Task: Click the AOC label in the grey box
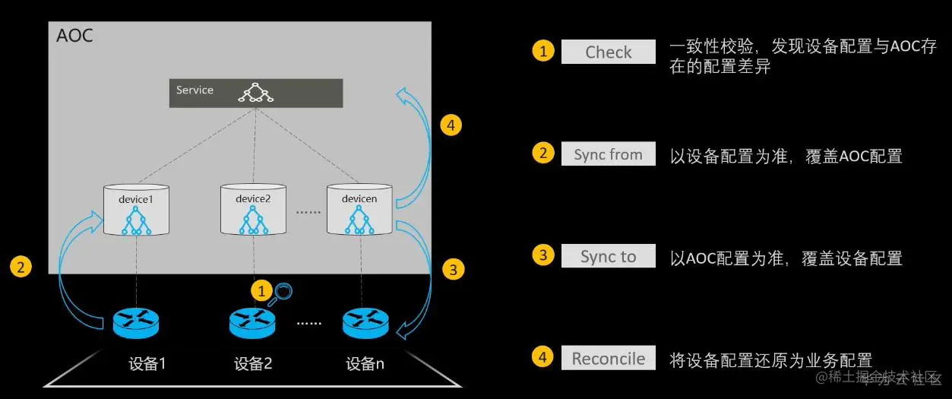pyautogui.click(x=75, y=36)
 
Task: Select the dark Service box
pyautogui.click(x=255, y=93)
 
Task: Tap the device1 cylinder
pyautogui.click(x=136, y=210)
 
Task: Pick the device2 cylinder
pyautogui.click(x=254, y=210)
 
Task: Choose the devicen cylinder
pyautogui.click(x=359, y=210)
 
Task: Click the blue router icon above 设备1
pyautogui.click(x=136, y=323)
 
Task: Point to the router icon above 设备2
pyautogui.click(x=252, y=323)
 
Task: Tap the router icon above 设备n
pyautogui.click(x=365, y=323)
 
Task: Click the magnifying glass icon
pyautogui.click(x=283, y=291)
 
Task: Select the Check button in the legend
pyautogui.click(x=608, y=52)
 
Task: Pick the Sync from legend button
pyautogui.click(x=608, y=154)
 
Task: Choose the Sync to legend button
pyautogui.click(x=608, y=256)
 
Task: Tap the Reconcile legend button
pyautogui.click(x=608, y=359)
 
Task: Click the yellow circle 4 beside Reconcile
pyautogui.click(x=542, y=357)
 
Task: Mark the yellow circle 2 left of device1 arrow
pyautogui.click(x=21, y=267)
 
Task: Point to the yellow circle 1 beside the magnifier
pyautogui.click(x=261, y=290)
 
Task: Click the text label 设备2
pyautogui.click(x=253, y=364)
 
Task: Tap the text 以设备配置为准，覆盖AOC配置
pyautogui.click(x=786, y=157)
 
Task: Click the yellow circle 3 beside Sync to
pyautogui.click(x=542, y=255)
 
